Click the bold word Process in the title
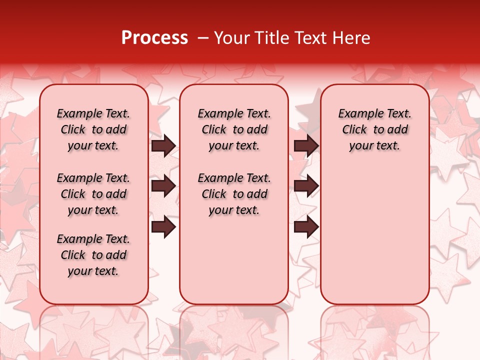[154, 38]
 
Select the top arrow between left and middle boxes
[163, 145]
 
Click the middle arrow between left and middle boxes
[163, 186]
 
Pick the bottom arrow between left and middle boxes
[163, 227]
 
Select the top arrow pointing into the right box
[306, 145]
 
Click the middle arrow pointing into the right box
[306, 186]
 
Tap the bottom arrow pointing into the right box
[306, 227]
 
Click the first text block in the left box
[93, 129]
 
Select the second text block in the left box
[93, 194]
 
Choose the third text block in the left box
[93, 255]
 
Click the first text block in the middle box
[234, 129]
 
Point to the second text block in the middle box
[234, 194]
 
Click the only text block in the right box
[375, 129]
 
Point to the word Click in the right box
[354, 130]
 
